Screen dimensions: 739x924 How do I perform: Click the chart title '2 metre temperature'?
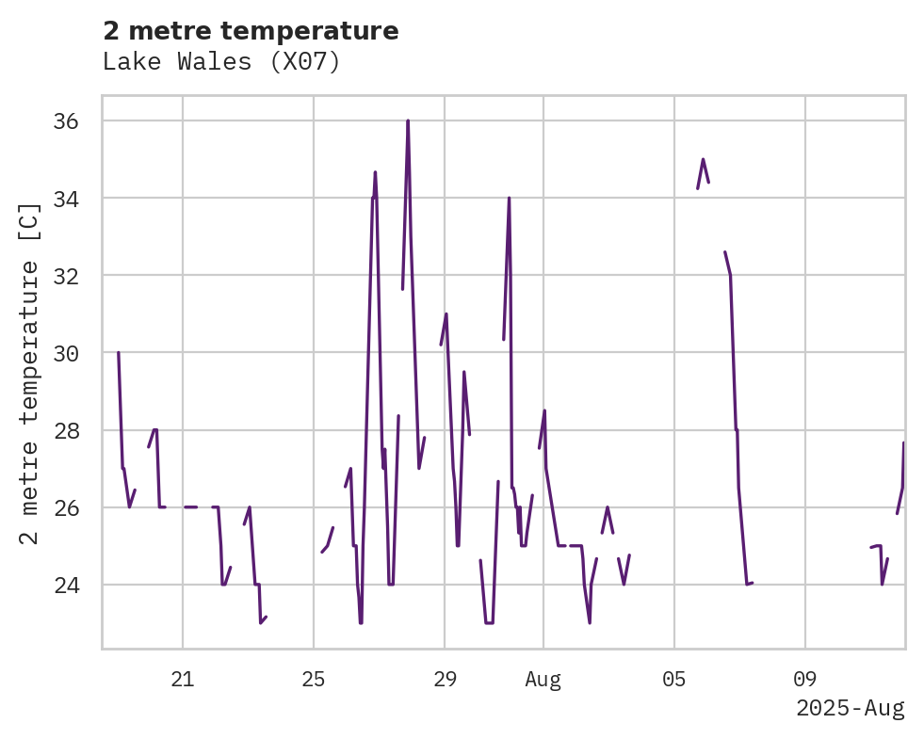[x=251, y=31]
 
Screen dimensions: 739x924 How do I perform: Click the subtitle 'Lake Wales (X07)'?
[x=221, y=62]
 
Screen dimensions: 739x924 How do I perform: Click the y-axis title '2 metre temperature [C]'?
[x=30, y=374]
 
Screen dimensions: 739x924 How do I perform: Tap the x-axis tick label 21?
[x=183, y=679]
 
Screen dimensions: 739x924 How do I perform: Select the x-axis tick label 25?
[x=314, y=679]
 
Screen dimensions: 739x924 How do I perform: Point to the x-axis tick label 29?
[x=445, y=679]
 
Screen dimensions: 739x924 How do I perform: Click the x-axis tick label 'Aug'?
[x=543, y=679]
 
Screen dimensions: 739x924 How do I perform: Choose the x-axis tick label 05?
[x=674, y=679]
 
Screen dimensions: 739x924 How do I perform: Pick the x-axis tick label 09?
[x=805, y=679]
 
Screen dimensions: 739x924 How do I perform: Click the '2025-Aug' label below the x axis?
[x=850, y=708]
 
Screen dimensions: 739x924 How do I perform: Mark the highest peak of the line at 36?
[x=408, y=120]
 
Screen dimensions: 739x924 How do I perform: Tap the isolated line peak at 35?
[x=703, y=159]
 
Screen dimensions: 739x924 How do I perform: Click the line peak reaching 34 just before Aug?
[x=509, y=198]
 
